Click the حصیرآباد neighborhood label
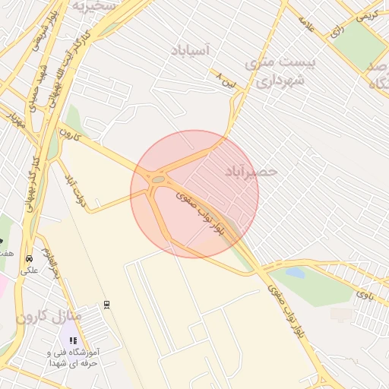coord(251,172)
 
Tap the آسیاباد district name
coord(196,50)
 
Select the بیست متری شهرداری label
coord(277,70)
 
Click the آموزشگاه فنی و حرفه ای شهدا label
coord(73,358)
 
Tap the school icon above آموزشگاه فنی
coord(73,341)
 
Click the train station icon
coord(106,304)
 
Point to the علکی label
coord(29,269)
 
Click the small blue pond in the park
coord(295,272)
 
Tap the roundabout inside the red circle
coord(159,180)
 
